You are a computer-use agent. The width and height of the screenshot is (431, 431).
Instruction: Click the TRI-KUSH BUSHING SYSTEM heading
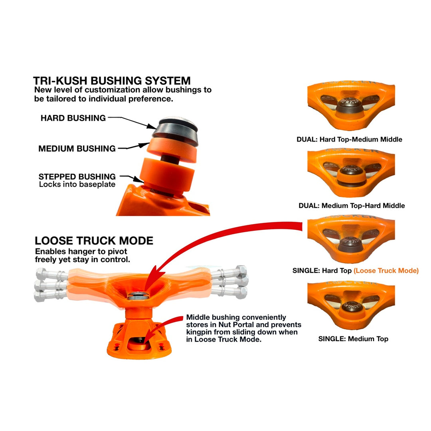(112, 80)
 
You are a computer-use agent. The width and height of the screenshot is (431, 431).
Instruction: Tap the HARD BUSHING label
(73, 118)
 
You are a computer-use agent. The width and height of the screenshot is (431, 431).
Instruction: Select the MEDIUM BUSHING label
(77, 149)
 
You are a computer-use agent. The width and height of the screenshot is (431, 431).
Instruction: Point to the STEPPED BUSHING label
(77, 176)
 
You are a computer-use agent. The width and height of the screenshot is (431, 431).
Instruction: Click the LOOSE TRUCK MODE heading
(94, 241)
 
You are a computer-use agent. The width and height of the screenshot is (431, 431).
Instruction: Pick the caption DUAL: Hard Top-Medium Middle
(349, 140)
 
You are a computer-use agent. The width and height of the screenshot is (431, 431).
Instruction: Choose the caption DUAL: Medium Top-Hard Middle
(351, 206)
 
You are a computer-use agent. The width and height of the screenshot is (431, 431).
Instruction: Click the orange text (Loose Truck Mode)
(386, 271)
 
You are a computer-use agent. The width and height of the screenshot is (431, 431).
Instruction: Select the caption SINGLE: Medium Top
(353, 339)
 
